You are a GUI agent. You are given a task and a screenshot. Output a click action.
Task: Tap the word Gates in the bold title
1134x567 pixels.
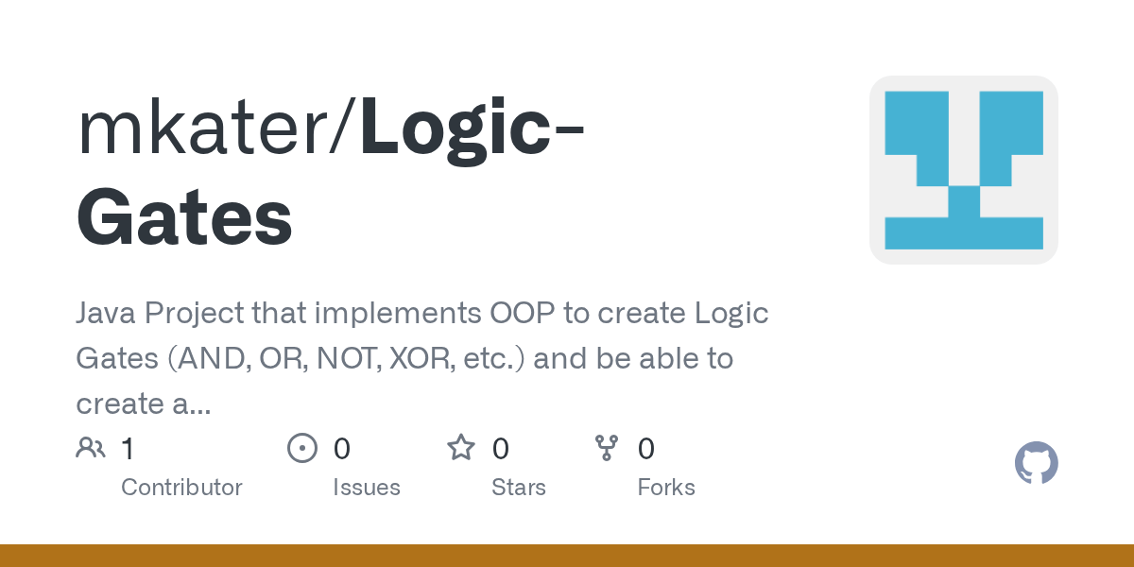pyautogui.click(x=184, y=216)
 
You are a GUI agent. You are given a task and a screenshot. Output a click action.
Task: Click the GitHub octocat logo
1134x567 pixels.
pyautogui.click(x=1036, y=464)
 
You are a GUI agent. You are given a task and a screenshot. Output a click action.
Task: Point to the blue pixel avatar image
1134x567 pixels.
pyautogui.click(x=963, y=170)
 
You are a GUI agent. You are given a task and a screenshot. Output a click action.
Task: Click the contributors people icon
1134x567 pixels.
pyautogui.click(x=91, y=448)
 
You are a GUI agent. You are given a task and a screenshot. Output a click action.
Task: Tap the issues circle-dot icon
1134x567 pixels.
pyautogui.click(x=301, y=448)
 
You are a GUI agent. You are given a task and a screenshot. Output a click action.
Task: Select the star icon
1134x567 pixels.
pyautogui.click(x=461, y=448)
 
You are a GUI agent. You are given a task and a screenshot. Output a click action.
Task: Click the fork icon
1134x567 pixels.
pyautogui.click(x=606, y=448)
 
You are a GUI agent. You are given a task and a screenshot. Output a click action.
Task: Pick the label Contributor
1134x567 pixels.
pyautogui.click(x=181, y=488)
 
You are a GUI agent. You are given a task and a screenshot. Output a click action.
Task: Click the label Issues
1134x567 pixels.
pyautogui.click(x=366, y=488)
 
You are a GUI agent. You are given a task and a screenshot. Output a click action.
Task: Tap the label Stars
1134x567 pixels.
pyautogui.click(x=518, y=488)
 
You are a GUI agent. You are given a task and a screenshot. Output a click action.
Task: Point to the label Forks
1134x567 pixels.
pyautogui.click(x=665, y=488)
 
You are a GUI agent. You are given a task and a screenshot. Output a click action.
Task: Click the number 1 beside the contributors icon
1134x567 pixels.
pyautogui.click(x=128, y=449)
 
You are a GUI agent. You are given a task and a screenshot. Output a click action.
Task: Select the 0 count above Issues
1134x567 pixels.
pyautogui.click(x=341, y=449)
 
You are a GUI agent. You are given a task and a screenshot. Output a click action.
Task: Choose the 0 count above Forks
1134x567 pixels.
pyautogui.click(x=646, y=449)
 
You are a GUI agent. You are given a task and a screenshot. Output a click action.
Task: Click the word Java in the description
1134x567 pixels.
pyautogui.click(x=105, y=314)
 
